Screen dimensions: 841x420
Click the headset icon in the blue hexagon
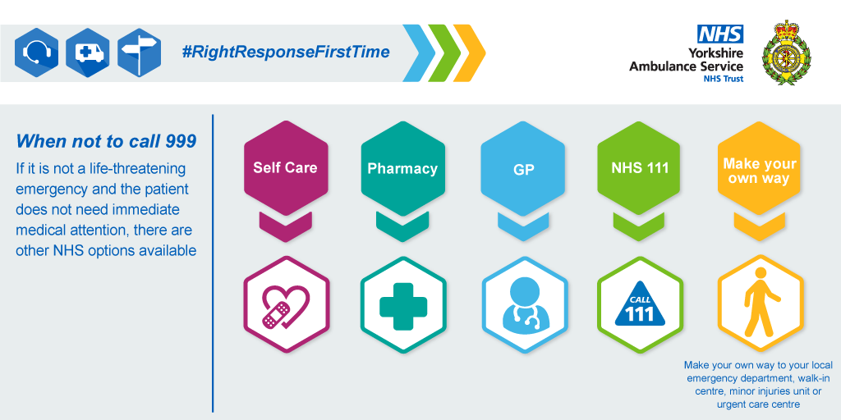click(x=36, y=52)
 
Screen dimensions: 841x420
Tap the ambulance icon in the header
click(x=88, y=53)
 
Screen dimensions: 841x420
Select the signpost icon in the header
click(x=140, y=52)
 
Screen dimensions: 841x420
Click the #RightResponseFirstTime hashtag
click(x=285, y=52)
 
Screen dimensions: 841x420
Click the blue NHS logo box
click(x=720, y=34)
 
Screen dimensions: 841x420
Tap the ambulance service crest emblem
click(x=787, y=52)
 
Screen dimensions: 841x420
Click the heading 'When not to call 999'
click(x=106, y=141)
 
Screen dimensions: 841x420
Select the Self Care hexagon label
click(x=285, y=167)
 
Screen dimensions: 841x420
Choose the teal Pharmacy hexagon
click(x=402, y=167)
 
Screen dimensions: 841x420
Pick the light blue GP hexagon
click(x=523, y=167)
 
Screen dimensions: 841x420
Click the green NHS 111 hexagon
click(x=640, y=167)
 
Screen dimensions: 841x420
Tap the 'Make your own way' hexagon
click(x=759, y=167)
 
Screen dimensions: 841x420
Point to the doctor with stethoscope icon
click(x=524, y=304)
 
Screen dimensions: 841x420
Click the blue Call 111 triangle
click(x=640, y=306)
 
